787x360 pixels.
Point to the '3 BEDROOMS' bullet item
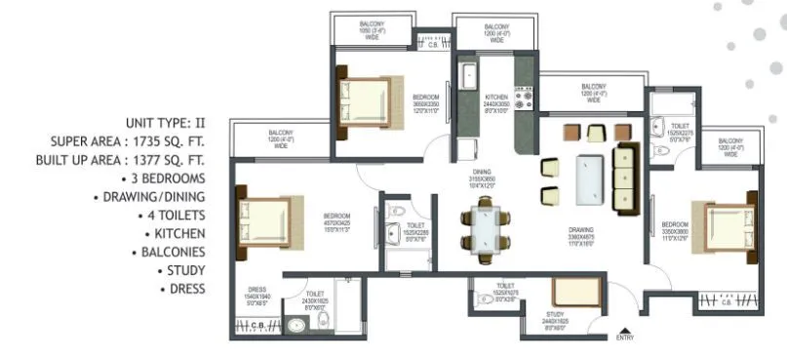pyautogui.click(x=164, y=179)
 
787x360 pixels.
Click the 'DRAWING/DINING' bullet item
pyautogui.click(x=154, y=197)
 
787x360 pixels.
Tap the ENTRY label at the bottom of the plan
pyautogui.click(x=625, y=338)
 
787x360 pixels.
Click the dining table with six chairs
pyautogui.click(x=485, y=229)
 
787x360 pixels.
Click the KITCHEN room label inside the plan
pyautogui.click(x=496, y=98)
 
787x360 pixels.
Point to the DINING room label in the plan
pyautogui.click(x=482, y=172)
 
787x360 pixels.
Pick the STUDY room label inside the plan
pyautogui.click(x=555, y=314)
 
